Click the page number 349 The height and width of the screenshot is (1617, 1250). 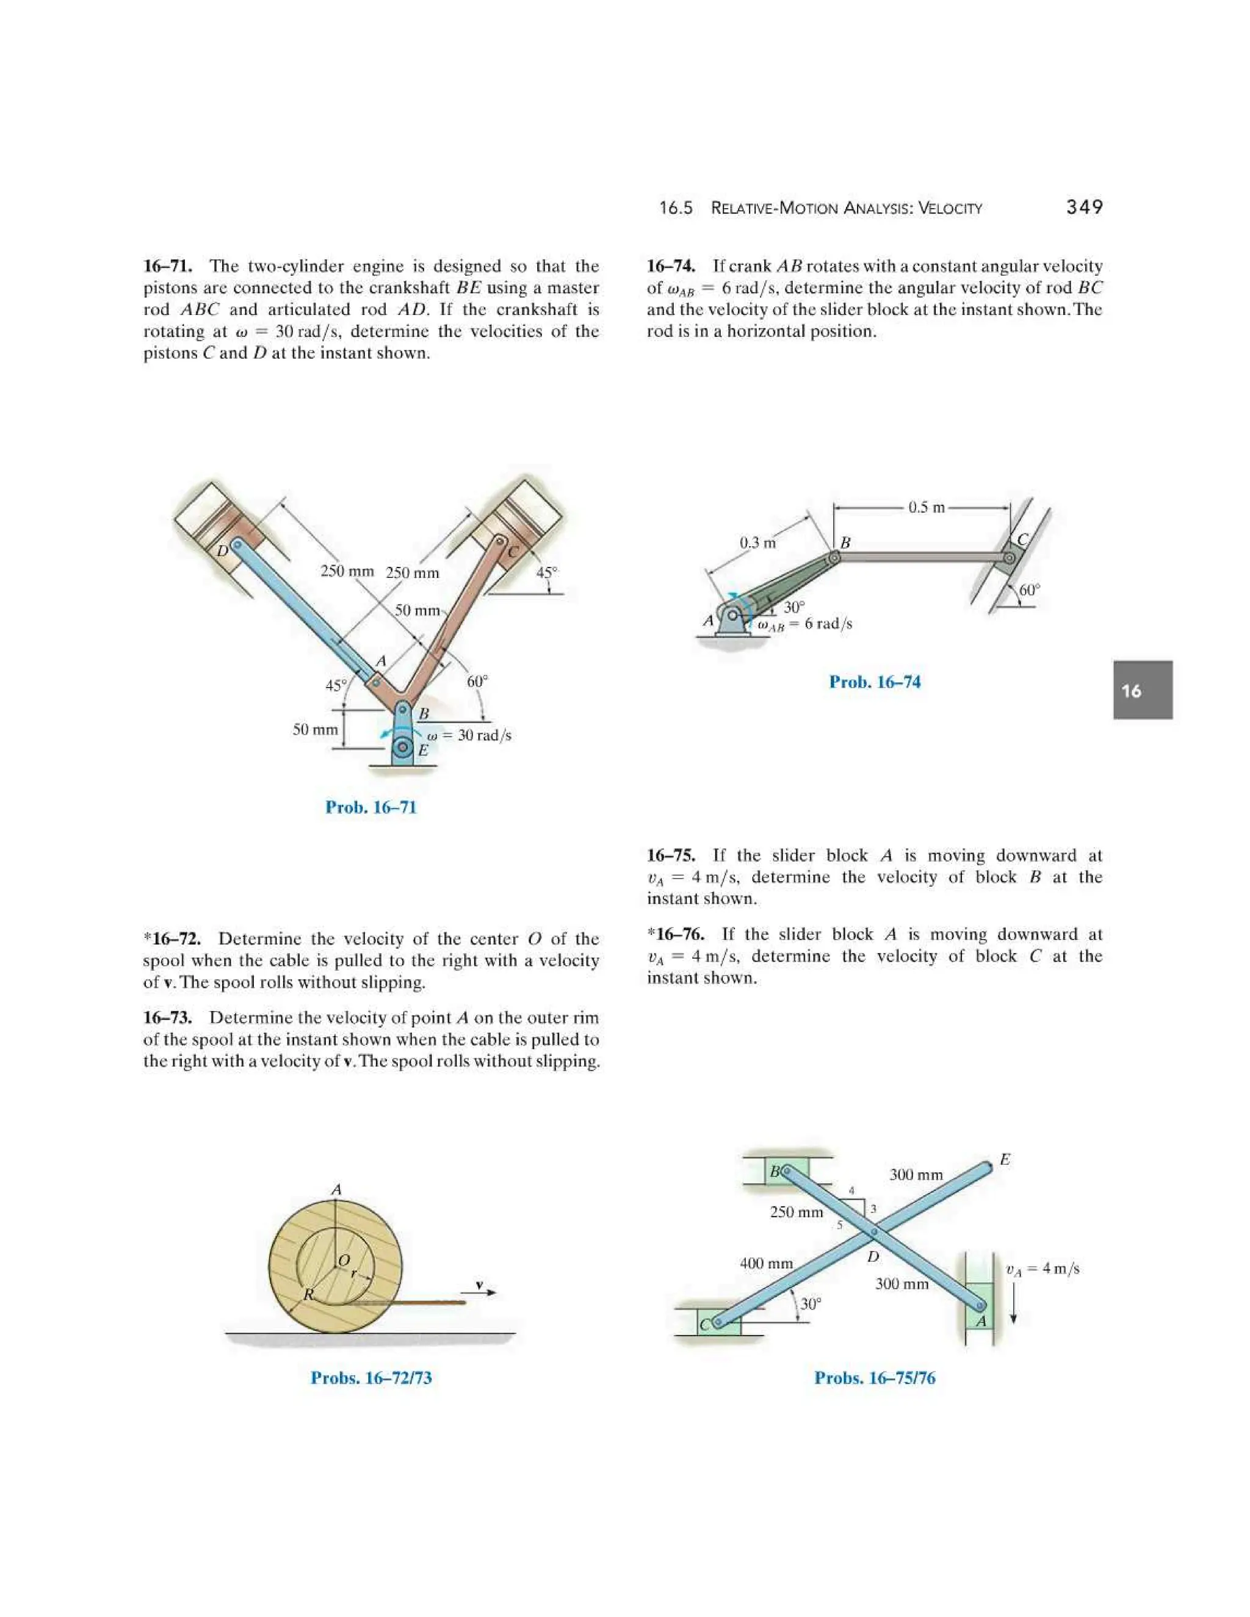[x=1084, y=207]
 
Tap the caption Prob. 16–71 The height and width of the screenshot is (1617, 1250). [x=371, y=807]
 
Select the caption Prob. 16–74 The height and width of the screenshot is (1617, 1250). [x=875, y=682]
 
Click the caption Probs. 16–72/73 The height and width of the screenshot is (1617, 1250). [x=371, y=1378]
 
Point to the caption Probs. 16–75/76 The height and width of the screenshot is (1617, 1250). [x=875, y=1378]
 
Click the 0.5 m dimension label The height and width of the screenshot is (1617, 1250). [x=927, y=507]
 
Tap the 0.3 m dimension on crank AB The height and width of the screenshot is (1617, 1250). [x=757, y=542]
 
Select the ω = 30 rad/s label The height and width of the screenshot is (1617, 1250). [x=469, y=735]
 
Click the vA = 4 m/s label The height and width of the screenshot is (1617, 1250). [x=1042, y=1269]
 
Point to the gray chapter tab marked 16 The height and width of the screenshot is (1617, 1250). [x=1142, y=690]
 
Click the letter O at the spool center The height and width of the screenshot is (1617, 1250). [x=343, y=1260]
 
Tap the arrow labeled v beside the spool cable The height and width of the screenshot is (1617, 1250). [x=480, y=1291]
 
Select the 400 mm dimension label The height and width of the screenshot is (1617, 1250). [x=767, y=1263]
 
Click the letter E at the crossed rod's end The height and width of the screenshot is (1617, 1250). [x=1005, y=1159]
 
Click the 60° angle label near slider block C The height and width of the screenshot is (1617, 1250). [x=1029, y=590]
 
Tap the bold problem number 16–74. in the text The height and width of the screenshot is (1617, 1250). [x=671, y=266]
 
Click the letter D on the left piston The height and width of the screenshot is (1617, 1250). [x=222, y=551]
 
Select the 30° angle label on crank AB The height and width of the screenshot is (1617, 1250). [x=794, y=607]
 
